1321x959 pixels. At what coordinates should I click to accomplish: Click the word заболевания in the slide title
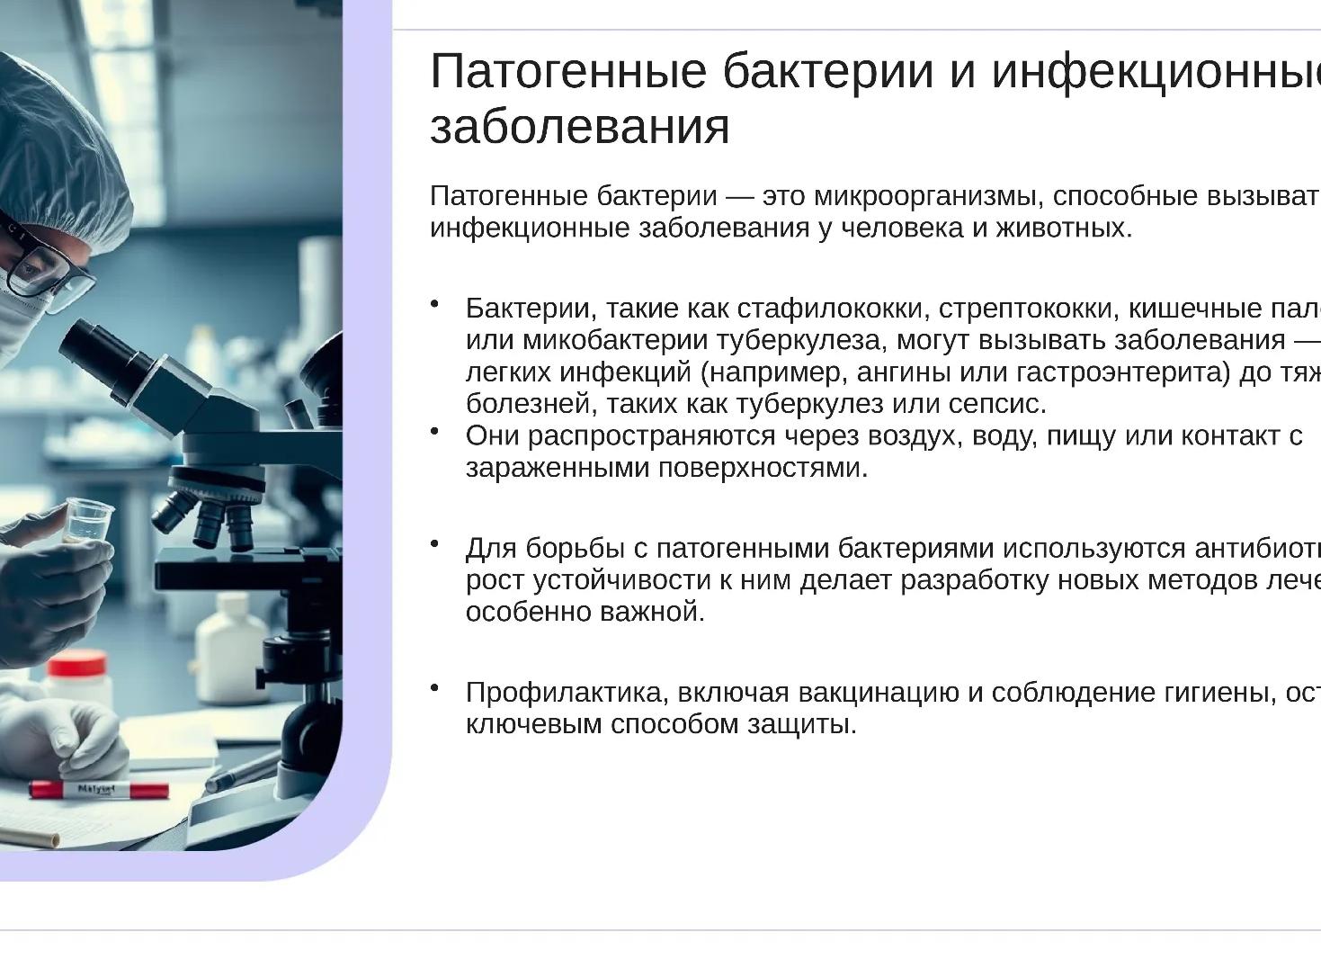(580, 126)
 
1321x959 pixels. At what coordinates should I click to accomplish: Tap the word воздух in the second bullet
(918, 435)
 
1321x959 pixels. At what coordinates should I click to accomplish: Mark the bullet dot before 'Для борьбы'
(435, 543)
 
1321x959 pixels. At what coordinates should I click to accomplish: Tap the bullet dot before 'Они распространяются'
(435, 431)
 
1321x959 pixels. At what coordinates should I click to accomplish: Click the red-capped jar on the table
(77, 679)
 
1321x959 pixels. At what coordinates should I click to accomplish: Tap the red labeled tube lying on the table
(98, 790)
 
